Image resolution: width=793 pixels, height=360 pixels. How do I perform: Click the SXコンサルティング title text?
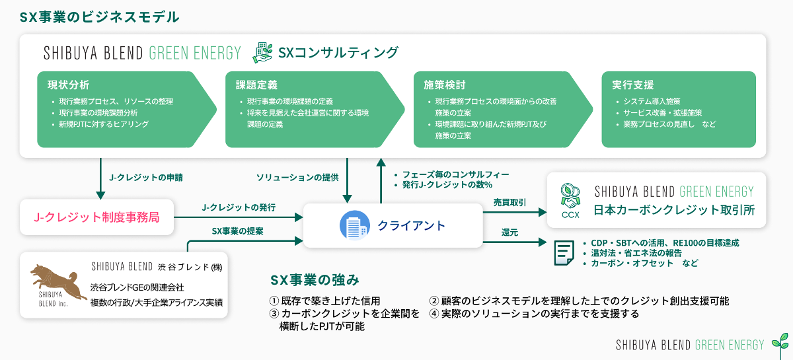(338, 52)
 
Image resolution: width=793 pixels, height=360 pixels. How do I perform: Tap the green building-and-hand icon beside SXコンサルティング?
(262, 52)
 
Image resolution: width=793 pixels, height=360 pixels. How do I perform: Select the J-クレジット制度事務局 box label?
(96, 217)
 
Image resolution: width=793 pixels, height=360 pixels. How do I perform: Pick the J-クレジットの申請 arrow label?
(146, 177)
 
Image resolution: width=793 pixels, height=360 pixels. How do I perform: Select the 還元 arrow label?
(510, 233)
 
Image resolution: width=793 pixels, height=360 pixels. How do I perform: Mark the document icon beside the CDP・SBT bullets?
(564, 252)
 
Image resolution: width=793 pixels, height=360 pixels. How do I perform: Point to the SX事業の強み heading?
(315, 280)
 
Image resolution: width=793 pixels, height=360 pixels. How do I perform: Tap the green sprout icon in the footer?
(780, 342)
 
